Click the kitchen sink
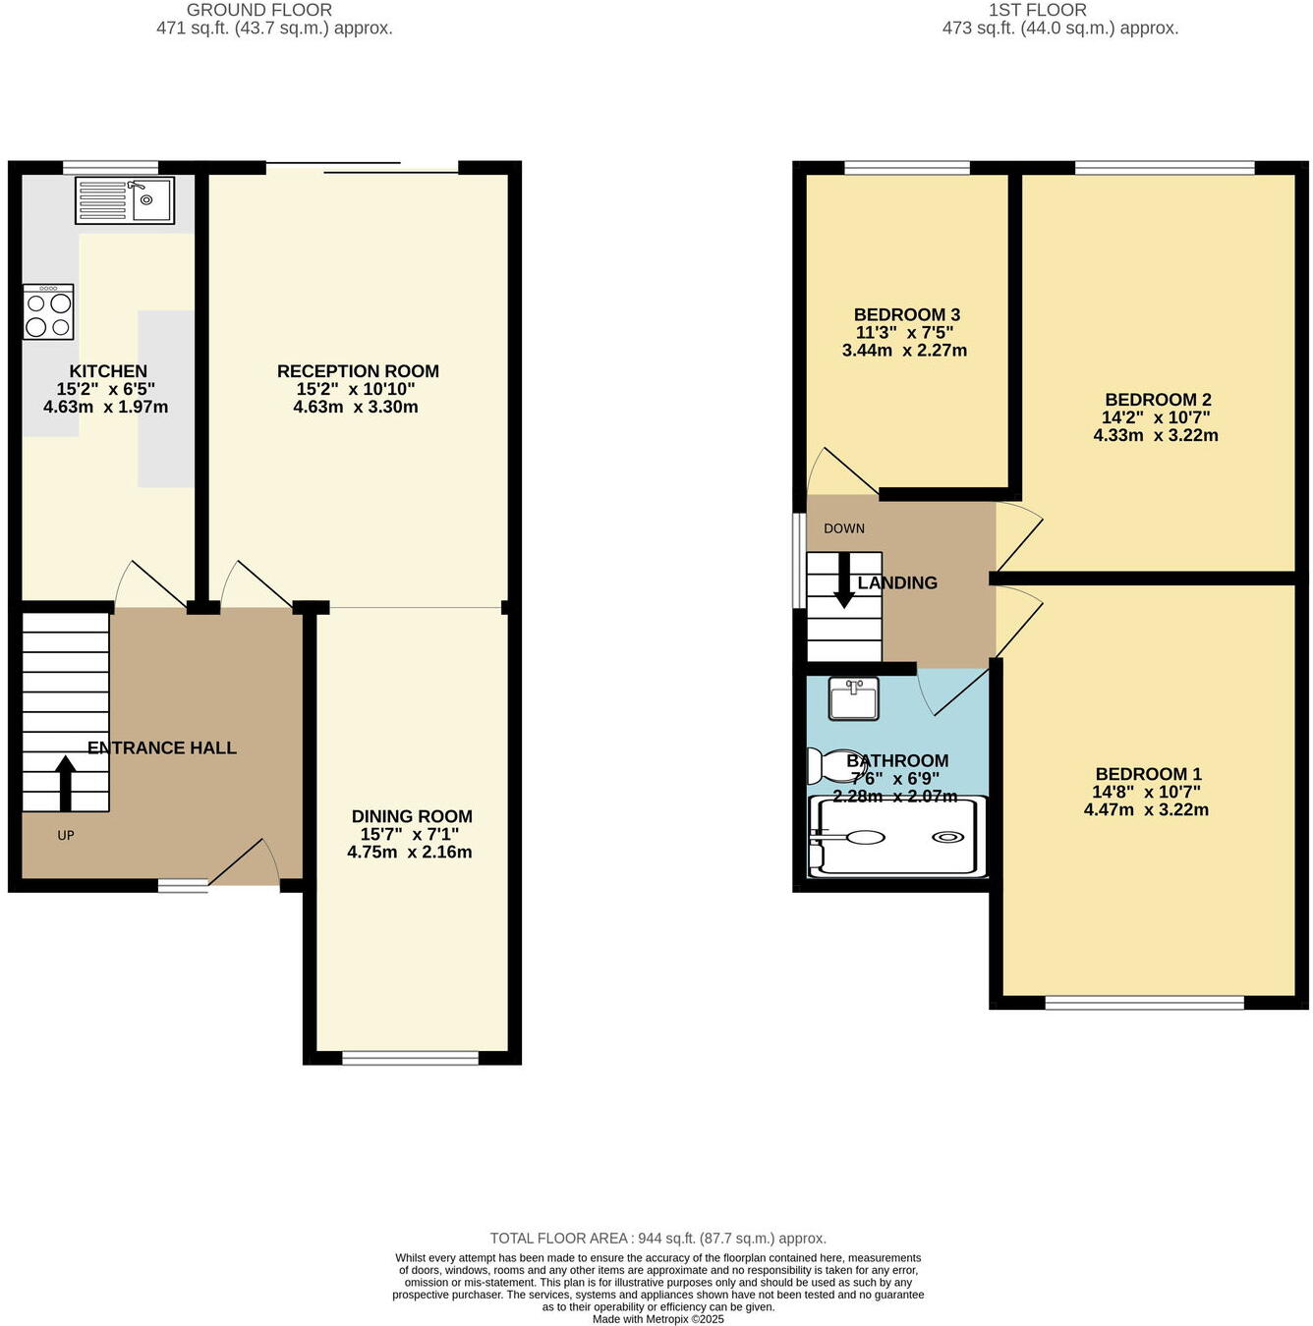click(125, 200)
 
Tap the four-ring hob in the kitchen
click(48, 312)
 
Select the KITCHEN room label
click(108, 371)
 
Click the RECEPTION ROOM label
click(358, 371)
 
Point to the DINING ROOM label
click(412, 816)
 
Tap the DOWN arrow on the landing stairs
click(843, 580)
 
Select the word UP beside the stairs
click(66, 836)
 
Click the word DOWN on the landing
click(844, 528)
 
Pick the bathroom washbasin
click(853, 698)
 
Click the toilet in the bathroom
click(828, 765)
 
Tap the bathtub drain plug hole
click(947, 837)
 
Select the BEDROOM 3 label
click(906, 314)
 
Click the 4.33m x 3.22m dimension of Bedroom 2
click(1156, 435)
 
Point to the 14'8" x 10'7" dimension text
click(1146, 792)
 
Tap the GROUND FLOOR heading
click(259, 10)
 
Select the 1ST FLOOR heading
click(1038, 10)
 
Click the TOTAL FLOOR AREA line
click(657, 1239)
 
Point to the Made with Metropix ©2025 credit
click(657, 1319)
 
